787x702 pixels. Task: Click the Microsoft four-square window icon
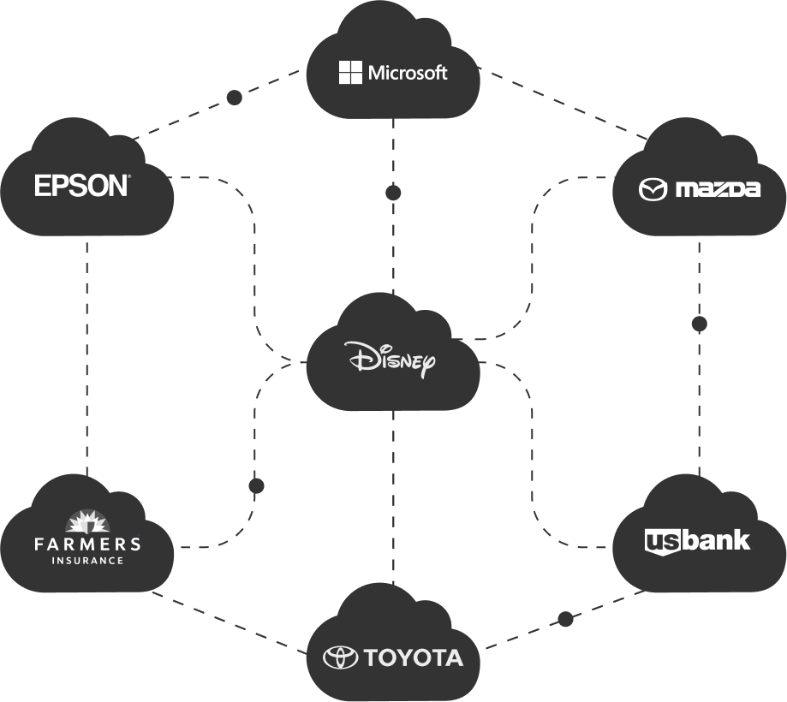pyautogui.click(x=351, y=73)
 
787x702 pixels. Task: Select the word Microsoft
pyautogui.click(x=408, y=73)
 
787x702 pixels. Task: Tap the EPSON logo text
pyautogui.click(x=82, y=186)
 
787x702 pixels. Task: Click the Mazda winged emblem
pyautogui.click(x=653, y=189)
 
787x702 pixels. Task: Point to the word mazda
pyautogui.click(x=717, y=189)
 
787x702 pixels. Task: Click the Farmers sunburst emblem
pyautogui.click(x=86, y=521)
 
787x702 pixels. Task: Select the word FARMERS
pyautogui.click(x=86, y=544)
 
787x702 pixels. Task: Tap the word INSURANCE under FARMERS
pyautogui.click(x=86, y=561)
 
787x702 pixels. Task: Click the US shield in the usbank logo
pyautogui.click(x=661, y=542)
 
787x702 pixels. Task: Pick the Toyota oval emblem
pyautogui.click(x=340, y=657)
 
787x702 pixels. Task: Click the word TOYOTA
pyautogui.click(x=413, y=657)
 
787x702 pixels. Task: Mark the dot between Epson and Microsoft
pyautogui.click(x=235, y=98)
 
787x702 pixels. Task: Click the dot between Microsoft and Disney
pyautogui.click(x=393, y=193)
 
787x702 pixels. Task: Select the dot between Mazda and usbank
pyautogui.click(x=699, y=324)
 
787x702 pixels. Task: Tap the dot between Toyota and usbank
pyautogui.click(x=565, y=619)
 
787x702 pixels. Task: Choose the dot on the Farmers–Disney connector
pyautogui.click(x=256, y=486)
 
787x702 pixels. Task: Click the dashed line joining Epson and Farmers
pyautogui.click(x=87, y=360)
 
